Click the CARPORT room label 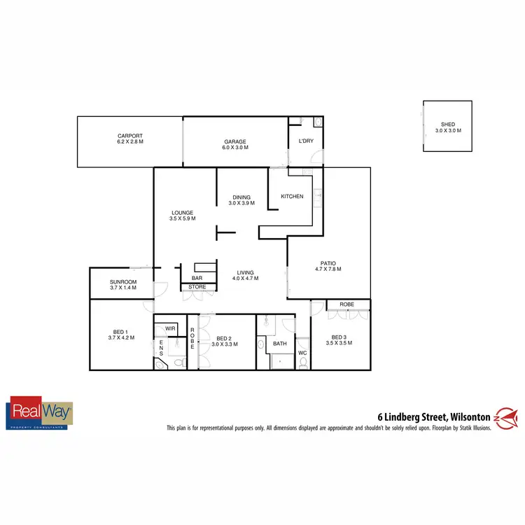click(x=130, y=135)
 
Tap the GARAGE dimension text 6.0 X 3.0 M click(x=234, y=148)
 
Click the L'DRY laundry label click(x=306, y=142)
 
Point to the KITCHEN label click(x=292, y=196)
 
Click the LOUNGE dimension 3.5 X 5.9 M click(x=183, y=219)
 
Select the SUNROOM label click(x=122, y=282)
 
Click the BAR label click(x=197, y=279)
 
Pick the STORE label click(x=197, y=287)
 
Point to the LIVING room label click(x=246, y=272)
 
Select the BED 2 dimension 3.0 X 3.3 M click(x=225, y=344)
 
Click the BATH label click(x=280, y=344)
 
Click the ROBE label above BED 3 click(x=346, y=304)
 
